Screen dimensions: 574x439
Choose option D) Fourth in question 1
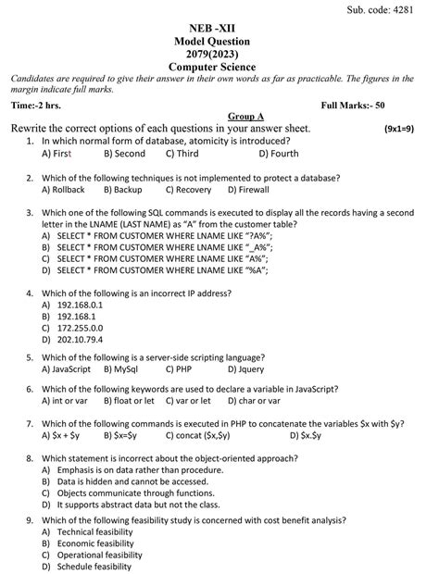(x=278, y=154)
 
